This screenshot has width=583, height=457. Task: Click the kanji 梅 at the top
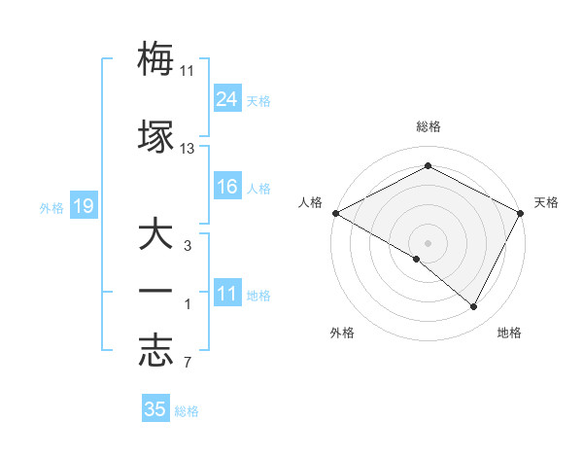pos(155,60)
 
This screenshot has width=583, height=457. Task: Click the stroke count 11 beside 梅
pos(187,71)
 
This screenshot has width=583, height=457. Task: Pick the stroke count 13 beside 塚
pos(188,149)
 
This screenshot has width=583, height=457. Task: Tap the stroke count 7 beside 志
pos(188,363)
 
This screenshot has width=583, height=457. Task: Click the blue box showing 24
pos(227,99)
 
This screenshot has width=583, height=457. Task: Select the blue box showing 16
pos(227,187)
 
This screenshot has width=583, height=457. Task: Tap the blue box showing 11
pos(227,294)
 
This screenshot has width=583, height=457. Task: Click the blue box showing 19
pos(83,206)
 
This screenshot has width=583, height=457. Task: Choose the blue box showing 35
pos(155,409)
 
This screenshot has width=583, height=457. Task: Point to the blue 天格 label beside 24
pos(258,101)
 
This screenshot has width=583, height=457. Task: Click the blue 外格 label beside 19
pos(51,208)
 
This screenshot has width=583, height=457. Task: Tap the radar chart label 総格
pos(429,127)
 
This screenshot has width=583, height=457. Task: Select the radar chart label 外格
pos(342,334)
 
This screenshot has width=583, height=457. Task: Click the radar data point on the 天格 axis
pos(521,213)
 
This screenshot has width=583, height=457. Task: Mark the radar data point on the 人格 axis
pos(335,213)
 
